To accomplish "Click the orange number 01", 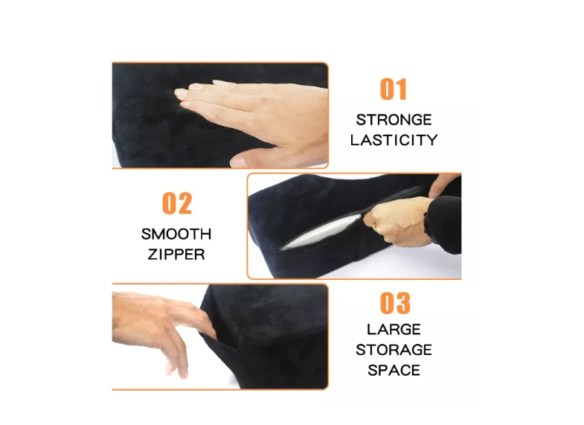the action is pos(393,89).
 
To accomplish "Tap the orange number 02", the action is pos(177,203).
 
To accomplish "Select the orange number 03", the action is pos(395,303).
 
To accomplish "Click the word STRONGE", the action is pos(394,120).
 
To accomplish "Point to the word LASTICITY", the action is pos(394,140).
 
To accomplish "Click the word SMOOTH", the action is pos(176,234).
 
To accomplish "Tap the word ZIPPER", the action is pos(176,255).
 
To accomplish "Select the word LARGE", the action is pos(394,330).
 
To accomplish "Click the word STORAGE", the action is pos(394,350).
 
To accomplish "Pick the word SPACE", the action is pos(394,371).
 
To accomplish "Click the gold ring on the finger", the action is pos(373,226).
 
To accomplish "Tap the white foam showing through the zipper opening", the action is pos(321,232).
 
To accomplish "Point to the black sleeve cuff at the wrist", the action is pos(443,223).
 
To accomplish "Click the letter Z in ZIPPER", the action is pos(153,255).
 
